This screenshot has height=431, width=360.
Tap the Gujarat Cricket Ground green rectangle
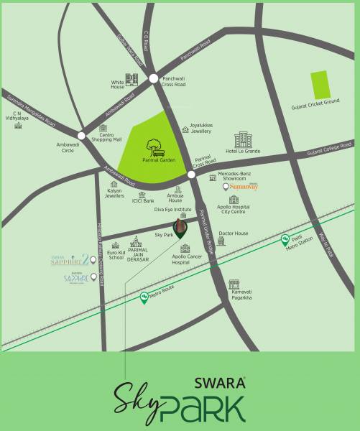click(318, 85)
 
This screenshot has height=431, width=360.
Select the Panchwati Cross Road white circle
click(154, 78)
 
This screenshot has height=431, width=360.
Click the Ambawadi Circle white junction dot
click(81, 134)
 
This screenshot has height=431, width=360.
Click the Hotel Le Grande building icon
click(243, 139)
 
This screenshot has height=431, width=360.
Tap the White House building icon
click(131, 80)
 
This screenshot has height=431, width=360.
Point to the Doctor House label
click(233, 233)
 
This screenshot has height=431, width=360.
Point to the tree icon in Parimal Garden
click(153, 146)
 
